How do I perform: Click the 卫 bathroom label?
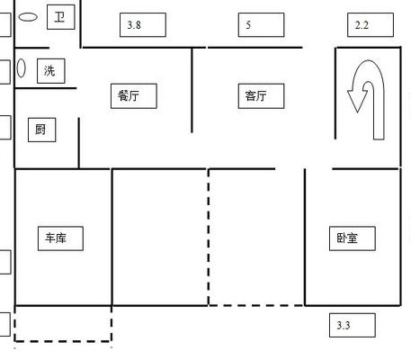tap(61, 17)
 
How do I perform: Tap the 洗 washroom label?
tap(51, 71)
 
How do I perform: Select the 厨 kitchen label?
tap(42, 130)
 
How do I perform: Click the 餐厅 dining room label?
tap(134, 96)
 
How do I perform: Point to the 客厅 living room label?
tap(261, 96)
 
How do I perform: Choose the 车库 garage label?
tap(60, 238)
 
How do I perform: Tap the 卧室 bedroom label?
tap(353, 238)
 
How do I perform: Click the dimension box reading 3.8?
tap(143, 25)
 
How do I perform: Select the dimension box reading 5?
tap(261, 25)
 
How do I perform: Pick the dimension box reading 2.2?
tap(371, 25)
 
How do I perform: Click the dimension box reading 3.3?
tap(353, 325)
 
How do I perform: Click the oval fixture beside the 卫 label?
tap(28, 17)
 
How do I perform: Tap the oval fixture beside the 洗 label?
tap(21, 67)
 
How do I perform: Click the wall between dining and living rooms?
tap(192, 90)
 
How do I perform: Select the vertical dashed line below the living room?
tap(209, 237)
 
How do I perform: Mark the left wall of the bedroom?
tap(305, 237)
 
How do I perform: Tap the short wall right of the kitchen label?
tap(79, 143)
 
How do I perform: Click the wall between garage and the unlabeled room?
tap(112, 237)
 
